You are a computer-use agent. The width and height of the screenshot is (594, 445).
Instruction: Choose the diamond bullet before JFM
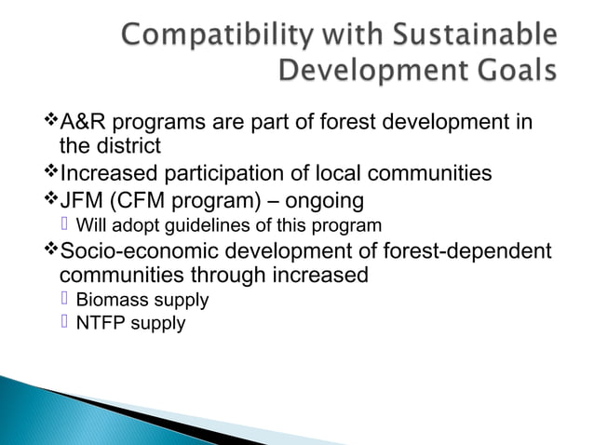coord(50,202)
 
